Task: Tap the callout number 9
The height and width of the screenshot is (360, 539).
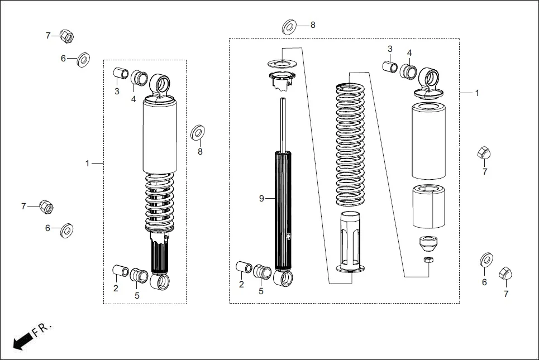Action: pyautogui.click(x=261, y=198)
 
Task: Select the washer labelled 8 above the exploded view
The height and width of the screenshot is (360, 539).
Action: pyautogui.click(x=289, y=26)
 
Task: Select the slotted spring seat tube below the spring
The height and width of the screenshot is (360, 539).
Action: pyautogui.click(x=351, y=243)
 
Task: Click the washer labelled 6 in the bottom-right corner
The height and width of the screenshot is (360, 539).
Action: pyautogui.click(x=486, y=260)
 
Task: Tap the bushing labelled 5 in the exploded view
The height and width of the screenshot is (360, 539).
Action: pyautogui.click(x=263, y=272)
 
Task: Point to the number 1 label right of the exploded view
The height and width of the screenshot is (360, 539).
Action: pyautogui.click(x=476, y=93)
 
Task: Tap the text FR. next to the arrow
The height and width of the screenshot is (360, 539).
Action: pyautogui.click(x=42, y=329)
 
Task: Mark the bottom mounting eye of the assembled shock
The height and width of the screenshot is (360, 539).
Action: pyautogui.click(x=161, y=281)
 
